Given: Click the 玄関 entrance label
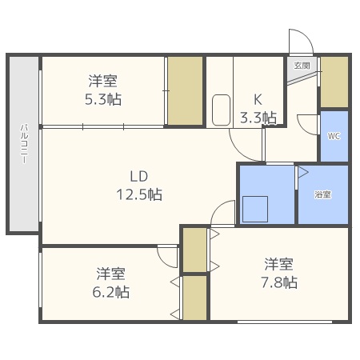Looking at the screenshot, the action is (x=302, y=66).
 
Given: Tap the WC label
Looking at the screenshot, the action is (x=334, y=136).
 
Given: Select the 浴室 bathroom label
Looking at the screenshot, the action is (x=323, y=194).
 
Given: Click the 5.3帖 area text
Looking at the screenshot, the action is (x=103, y=99).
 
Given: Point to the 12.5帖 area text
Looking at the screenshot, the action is (x=139, y=194).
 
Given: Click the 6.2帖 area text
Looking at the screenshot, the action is (x=111, y=292).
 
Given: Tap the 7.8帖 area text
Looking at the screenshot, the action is (x=279, y=282).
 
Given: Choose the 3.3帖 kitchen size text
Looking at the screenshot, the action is (x=258, y=118).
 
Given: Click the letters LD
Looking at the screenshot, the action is (x=139, y=176).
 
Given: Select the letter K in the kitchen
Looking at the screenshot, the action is (x=258, y=100).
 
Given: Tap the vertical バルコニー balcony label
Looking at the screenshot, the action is (x=24, y=143).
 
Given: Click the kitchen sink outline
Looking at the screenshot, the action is (x=221, y=110).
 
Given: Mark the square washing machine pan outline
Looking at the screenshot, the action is (x=255, y=209).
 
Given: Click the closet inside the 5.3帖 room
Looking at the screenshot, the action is (x=185, y=90).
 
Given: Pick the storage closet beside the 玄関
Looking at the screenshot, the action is (x=334, y=82).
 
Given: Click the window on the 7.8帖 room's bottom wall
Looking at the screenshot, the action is (x=285, y=322).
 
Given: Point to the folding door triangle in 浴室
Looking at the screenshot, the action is (x=302, y=172).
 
